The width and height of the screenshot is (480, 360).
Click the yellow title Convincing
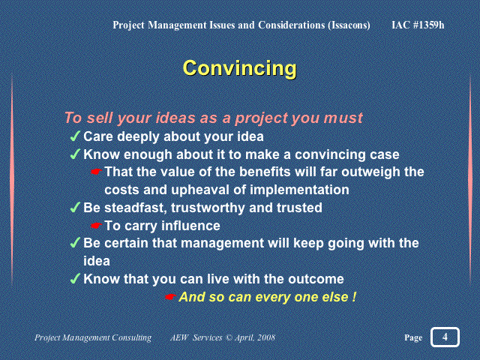[240, 69]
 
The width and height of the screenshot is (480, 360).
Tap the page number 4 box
[445, 337]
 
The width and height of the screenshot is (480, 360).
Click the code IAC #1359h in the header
[418, 25]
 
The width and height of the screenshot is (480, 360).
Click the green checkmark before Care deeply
[75, 136]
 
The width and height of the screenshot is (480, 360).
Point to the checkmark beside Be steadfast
[75, 207]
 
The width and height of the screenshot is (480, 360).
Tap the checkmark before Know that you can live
[75, 278]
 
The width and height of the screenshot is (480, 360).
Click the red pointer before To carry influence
[96, 226]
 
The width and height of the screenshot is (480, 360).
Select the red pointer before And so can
[170, 297]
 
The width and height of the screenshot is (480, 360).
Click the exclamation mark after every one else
[354, 297]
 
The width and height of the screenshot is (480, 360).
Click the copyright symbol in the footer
[228, 337]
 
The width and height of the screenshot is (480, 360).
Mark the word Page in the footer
[413, 337]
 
